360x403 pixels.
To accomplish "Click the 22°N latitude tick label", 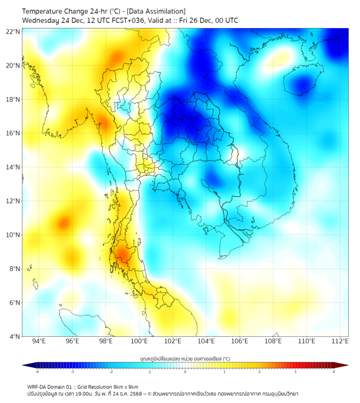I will point(13,31).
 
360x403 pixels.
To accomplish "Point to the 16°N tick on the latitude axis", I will point(13,133).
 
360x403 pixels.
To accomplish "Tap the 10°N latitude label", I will point(13,235).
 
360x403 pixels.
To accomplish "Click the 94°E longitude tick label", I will point(39,341).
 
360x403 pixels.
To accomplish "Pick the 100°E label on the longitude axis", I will point(140,341).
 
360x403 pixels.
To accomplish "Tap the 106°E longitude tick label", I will point(240,341).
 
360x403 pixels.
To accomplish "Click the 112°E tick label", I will point(340,341).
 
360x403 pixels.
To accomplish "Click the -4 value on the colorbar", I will point(37,372).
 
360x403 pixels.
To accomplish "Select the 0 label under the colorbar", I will point(185,372).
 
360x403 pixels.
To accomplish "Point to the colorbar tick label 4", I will point(334,372).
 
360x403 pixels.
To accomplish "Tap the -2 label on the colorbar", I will point(111,372).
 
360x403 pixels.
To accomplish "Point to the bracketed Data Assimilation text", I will point(157,11).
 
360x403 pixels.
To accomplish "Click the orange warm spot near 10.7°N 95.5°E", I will point(64,222).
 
